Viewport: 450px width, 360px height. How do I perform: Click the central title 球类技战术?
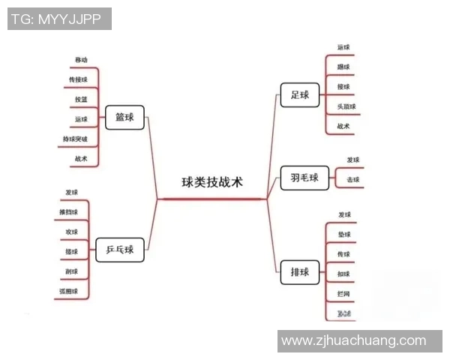coord(212,182)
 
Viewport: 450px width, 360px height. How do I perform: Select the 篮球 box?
coord(124,118)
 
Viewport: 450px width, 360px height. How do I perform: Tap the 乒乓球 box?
coord(120,249)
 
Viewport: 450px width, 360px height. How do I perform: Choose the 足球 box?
coord(300,94)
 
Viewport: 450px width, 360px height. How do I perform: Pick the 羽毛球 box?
coord(304,178)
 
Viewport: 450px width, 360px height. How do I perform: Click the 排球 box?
coord(299,271)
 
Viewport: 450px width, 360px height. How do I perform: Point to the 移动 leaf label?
coord(81,59)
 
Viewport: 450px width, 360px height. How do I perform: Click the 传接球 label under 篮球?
coord(78,79)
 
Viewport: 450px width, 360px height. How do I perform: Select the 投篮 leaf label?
coord(81,99)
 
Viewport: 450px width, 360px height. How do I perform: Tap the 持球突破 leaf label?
coord(76,139)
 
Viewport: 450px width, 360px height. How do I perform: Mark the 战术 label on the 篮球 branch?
coord(81,158)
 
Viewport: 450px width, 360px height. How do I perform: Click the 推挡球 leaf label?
coord(69,211)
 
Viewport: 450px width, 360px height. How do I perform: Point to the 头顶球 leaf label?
coord(346,106)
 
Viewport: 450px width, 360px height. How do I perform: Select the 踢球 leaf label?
coord(344,67)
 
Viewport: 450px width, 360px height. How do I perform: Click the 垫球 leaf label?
coord(344,235)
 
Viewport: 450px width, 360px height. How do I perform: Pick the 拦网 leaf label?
coord(344,292)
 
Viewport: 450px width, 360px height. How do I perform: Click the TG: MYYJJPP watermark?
coord(59,19)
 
